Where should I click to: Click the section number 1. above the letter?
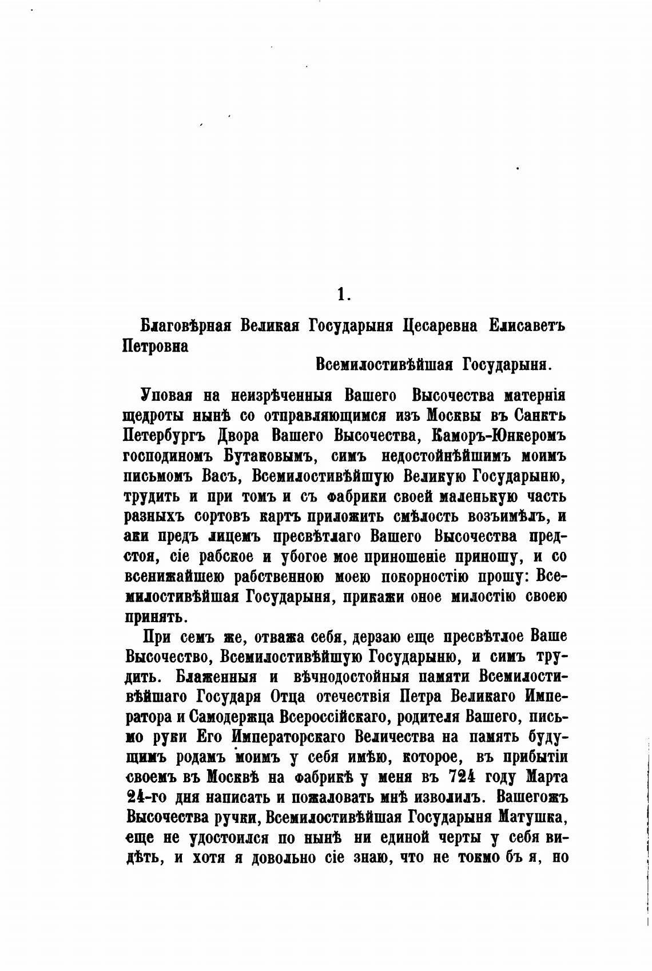342,295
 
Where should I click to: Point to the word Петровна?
156,346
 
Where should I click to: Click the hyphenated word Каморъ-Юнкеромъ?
499,436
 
